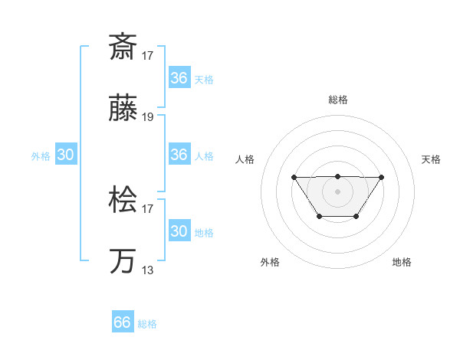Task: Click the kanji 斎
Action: click(122, 47)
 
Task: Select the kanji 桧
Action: click(122, 201)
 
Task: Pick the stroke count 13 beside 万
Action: click(147, 270)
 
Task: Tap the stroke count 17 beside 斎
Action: click(147, 55)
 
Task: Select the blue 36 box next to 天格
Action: click(179, 78)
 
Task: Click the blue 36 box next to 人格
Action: click(179, 155)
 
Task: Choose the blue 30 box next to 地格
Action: click(179, 231)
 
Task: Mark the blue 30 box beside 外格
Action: click(65, 155)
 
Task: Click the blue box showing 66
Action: click(123, 322)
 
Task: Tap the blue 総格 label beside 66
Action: click(147, 324)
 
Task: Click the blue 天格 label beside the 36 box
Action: click(203, 79)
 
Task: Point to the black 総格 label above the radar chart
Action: click(337, 100)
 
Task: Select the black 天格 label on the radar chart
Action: click(431, 159)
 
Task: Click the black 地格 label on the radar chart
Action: click(402, 262)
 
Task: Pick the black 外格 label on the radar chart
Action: click(270, 262)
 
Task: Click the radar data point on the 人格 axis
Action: click(294, 178)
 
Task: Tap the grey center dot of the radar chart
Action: click(337, 191)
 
